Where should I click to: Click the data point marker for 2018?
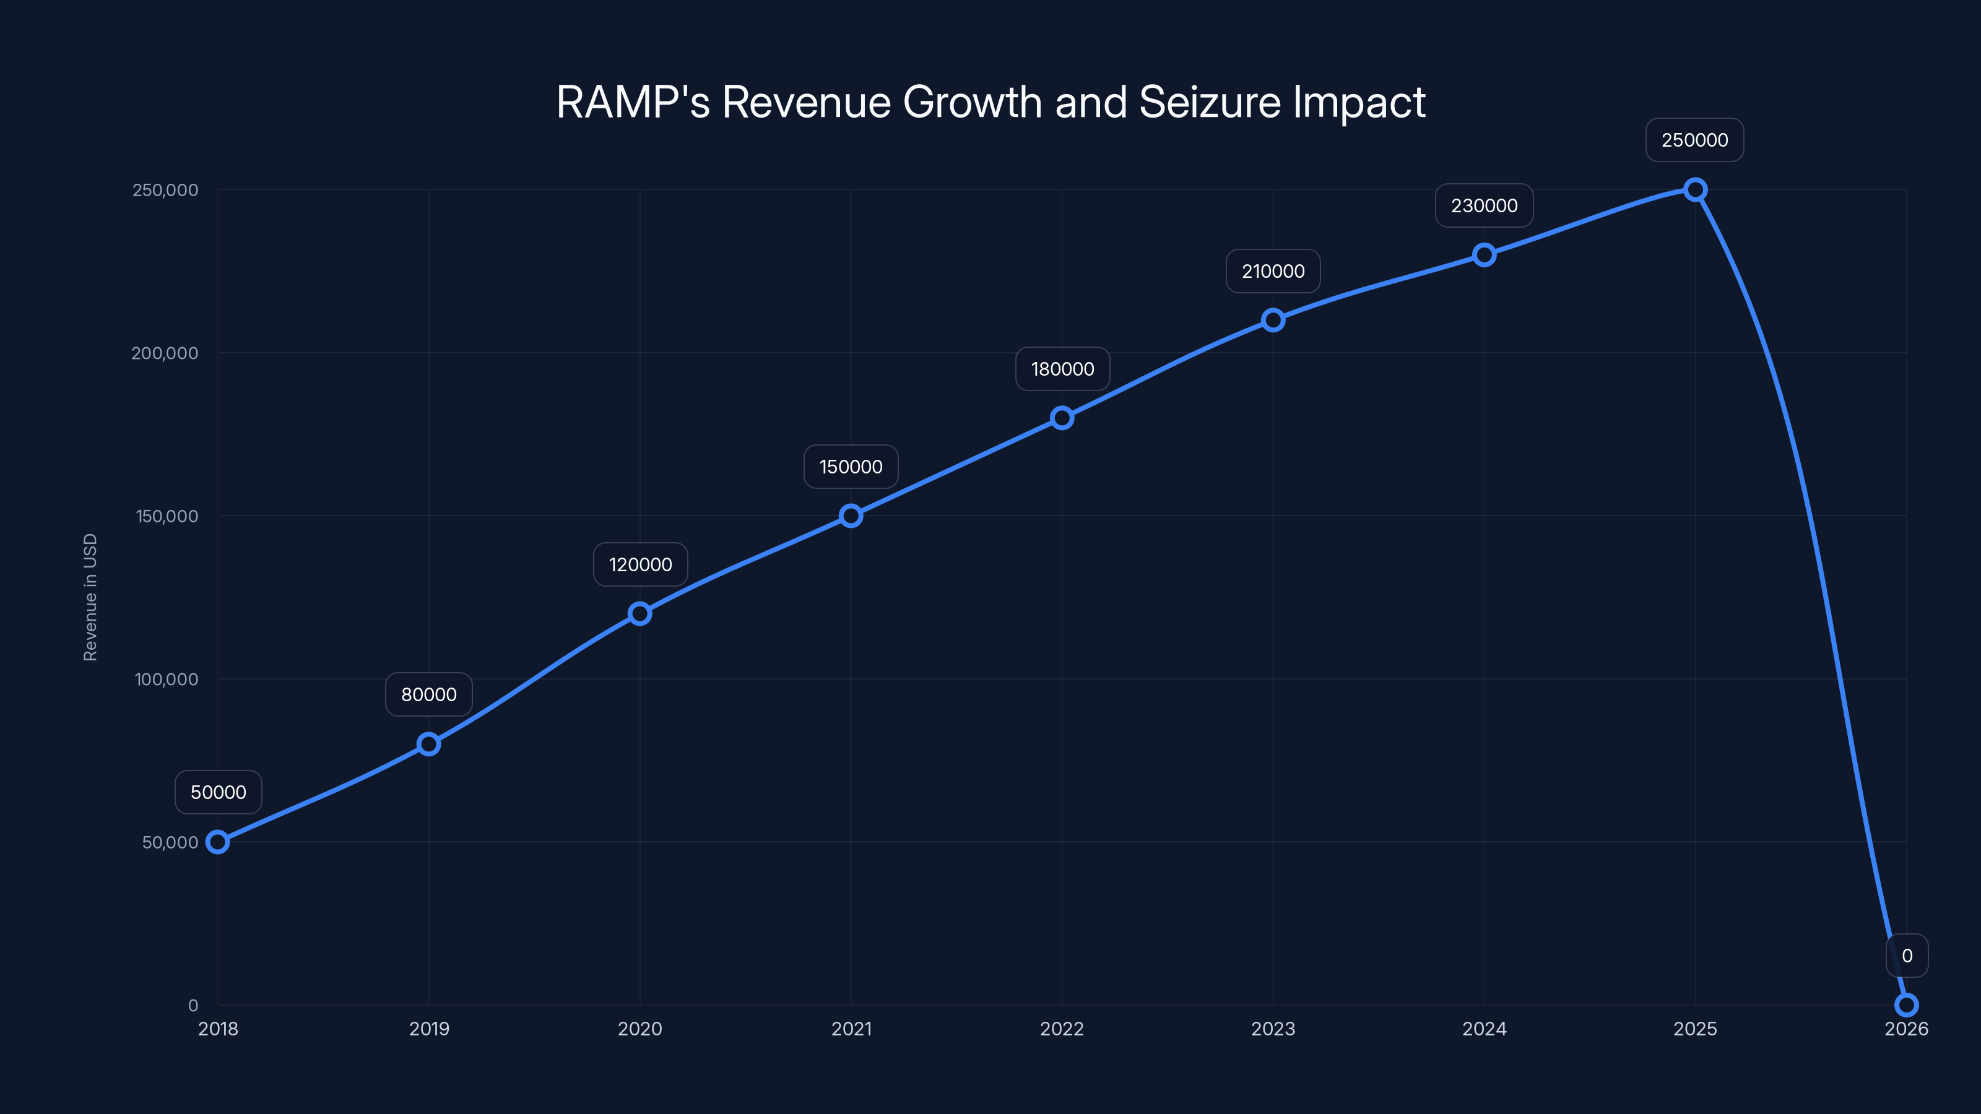pyautogui.click(x=218, y=842)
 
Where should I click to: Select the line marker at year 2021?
pyautogui.click(x=851, y=516)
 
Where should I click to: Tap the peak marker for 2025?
pyautogui.click(x=1695, y=189)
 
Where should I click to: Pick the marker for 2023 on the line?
pyautogui.click(x=1273, y=320)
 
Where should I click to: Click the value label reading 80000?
pyautogui.click(x=428, y=694)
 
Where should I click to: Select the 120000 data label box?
pyautogui.click(x=640, y=564)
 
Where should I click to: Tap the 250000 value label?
pyautogui.click(x=1694, y=140)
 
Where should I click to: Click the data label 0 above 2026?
pyautogui.click(x=1907, y=956)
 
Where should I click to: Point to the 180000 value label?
pyautogui.click(x=1062, y=369)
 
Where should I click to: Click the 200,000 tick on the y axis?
pyautogui.click(x=165, y=353)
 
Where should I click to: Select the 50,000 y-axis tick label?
pyautogui.click(x=170, y=842)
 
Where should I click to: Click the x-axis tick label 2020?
pyautogui.click(x=640, y=1029)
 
